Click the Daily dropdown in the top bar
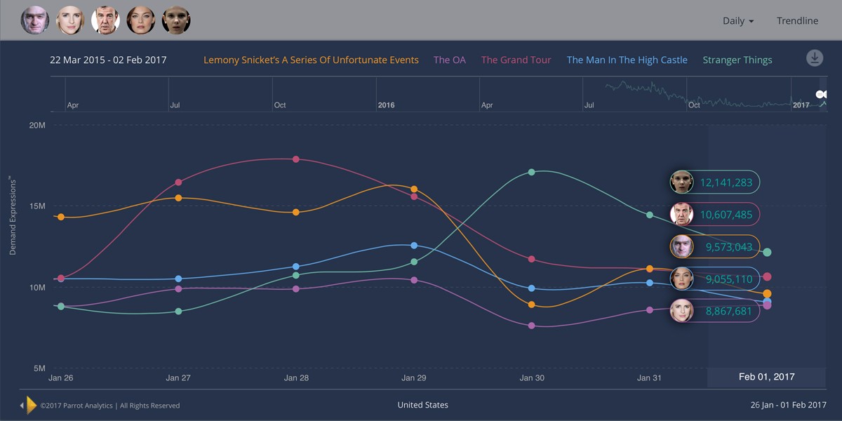737,21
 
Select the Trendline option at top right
797,21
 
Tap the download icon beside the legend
814,58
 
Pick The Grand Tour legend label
516,60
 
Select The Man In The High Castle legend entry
627,60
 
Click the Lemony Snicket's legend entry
311,60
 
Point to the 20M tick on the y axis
37,126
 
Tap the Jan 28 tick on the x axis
296,378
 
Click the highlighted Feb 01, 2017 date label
766,377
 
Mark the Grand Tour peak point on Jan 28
296,159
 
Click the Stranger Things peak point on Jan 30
531,172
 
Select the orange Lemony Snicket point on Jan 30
531,305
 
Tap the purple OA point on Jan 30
531,326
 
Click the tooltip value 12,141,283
726,183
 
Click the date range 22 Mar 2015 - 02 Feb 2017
108,60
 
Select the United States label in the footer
422,405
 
